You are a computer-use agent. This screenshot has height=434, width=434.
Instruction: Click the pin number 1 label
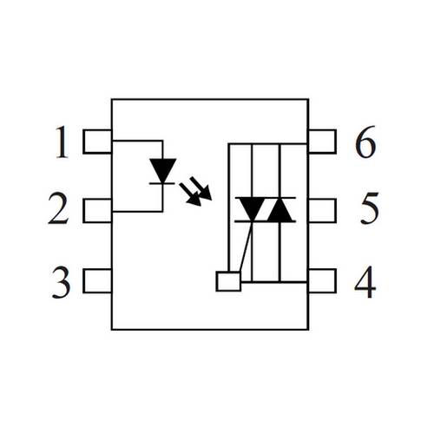click(x=62, y=142)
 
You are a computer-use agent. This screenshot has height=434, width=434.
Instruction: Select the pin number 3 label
click(x=61, y=283)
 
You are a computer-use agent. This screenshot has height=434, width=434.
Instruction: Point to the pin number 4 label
click(x=365, y=282)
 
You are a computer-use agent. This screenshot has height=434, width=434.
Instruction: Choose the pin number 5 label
click(x=370, y=207)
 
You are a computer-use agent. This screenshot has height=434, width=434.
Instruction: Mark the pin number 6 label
click(x=365, y=141)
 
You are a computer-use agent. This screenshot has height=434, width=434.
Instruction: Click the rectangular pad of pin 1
click(x=97, y=141)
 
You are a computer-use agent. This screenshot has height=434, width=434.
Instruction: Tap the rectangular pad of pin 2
click(x=97, y=211)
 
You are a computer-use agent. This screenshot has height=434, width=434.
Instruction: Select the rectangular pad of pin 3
click(x=97, y=280)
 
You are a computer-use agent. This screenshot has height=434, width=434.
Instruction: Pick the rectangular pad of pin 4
click(x=322, y=280)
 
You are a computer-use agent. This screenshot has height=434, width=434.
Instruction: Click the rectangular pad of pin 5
click(x=322, y=211)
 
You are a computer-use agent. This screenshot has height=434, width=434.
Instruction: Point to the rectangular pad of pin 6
click(x=322, y=141)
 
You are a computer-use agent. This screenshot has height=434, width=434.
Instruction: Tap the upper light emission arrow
click(x=201, y=188)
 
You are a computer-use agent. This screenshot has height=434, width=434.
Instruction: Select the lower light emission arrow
click(x=190, y=194)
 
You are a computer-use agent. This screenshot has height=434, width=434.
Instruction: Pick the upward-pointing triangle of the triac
click(x=280, y=209)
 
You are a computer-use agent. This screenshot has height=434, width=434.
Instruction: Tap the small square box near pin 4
click(x=228, y=281)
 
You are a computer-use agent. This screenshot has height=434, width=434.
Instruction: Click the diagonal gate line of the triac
click(x=246, y=247)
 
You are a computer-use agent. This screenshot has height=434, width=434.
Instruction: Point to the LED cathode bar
click(x=162, y=183)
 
